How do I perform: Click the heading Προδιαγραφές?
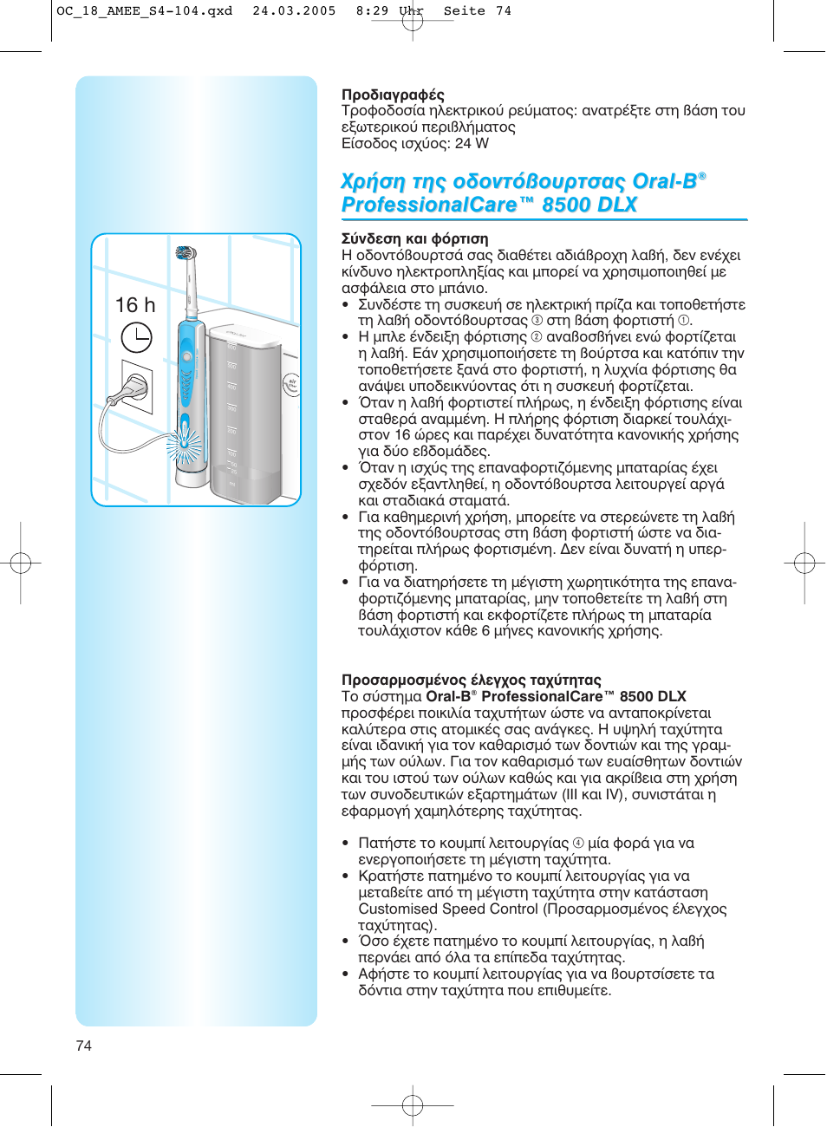click(x=393, y=94)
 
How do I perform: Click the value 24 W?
click(x=472, y=143)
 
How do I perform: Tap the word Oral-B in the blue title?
click(x=665, y=181)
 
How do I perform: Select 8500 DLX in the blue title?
click(x=589, y=205)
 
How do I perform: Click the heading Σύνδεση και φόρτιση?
click(x=414, y=238)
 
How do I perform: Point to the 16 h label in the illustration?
click(x=135, y=305)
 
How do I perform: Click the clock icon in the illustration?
click(x=136, y=337)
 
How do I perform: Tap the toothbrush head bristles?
click(x=185, y=253)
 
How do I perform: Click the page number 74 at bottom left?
click(x=84, y=1046)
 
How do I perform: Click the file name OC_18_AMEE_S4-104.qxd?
click(x=144, y=11)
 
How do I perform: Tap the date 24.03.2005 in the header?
click(x=294, y=11)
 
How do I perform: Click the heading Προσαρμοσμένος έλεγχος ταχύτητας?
click(x=471, y=680)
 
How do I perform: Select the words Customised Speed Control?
click(x=448, y=909)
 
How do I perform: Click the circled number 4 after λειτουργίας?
click(x=578, y=843)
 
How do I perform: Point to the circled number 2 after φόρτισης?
click(x=537, y=336)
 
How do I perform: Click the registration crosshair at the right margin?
click(x=804, y=563)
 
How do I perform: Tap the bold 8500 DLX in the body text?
click(x=653, y=696)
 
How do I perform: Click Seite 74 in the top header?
click(x=478, y=11)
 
